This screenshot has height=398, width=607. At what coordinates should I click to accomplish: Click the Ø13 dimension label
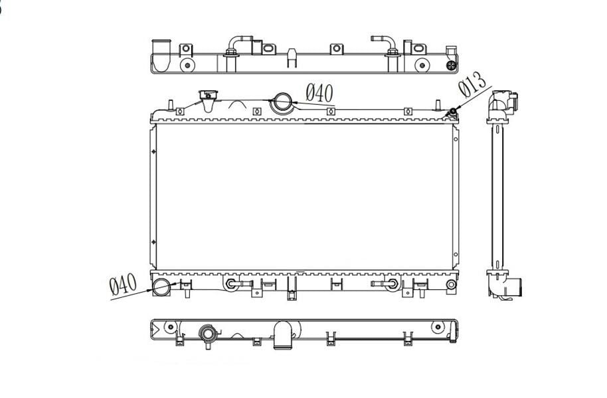pyautogui.click(x=472, y=85)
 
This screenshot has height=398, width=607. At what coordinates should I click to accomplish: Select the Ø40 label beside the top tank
pyautogui.click(x=319, y=93)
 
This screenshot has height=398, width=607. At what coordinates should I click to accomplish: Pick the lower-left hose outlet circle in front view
pyautogui.click(x=161, y=286)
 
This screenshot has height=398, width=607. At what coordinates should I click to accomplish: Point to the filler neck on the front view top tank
pyautogui.click(x=208, y=99)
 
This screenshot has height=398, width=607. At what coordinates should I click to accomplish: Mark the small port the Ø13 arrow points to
pyautogui.click(x=452, y=112)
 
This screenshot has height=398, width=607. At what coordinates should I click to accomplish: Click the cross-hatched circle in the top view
pyautogui.click(x=452, y=66)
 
